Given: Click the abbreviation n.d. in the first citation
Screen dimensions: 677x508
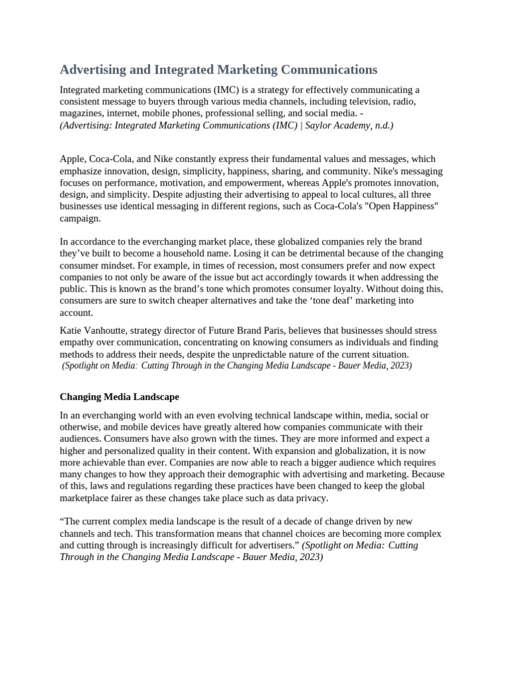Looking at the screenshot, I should point(382,125).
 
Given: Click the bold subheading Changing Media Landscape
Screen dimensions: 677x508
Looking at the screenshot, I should point(119,397).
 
